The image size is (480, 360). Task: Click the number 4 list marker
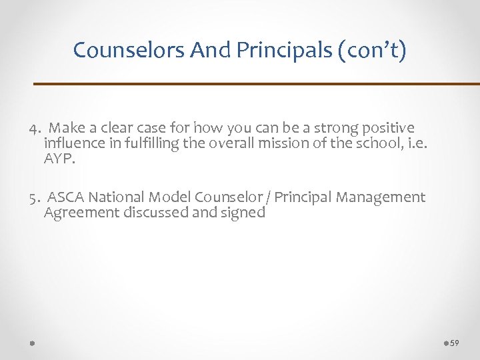33,127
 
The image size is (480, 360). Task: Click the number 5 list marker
33,197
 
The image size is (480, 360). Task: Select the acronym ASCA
67,197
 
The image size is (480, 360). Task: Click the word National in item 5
116,197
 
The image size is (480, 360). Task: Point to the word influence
71,143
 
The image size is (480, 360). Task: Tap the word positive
385,127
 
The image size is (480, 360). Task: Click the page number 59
455,343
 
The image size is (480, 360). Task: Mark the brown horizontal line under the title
257,84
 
